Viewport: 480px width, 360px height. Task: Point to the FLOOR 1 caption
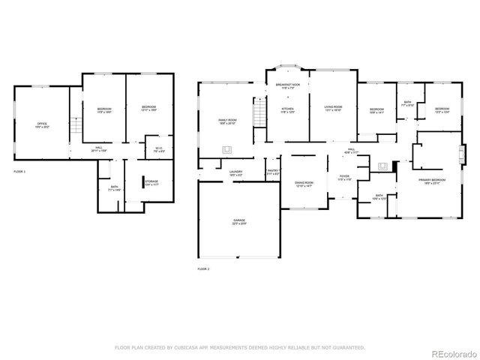click(x=19, y=172)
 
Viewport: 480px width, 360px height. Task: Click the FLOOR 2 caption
click(x=203, y=268)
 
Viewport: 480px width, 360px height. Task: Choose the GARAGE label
click(x=238, y=221)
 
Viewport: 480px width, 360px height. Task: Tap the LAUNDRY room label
click(x=235, y=173)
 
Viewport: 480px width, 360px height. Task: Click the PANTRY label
click(x=273, y=172)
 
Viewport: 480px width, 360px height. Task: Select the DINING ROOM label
click(x=304, y=184)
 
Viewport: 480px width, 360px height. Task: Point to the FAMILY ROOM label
click(x=227, y=121)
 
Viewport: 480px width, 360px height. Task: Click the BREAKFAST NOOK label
click(x=288, y=86)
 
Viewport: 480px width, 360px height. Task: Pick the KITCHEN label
click(x=288, y=110)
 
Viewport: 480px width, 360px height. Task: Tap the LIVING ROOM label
click(x=333, y=109)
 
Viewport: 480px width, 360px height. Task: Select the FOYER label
click(x=344, y=177)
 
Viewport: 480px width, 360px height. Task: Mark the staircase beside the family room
click(x=259, y=116)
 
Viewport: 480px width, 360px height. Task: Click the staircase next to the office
click(x=74, y=127)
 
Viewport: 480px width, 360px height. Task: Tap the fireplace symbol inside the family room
click(x=226, y=149)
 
